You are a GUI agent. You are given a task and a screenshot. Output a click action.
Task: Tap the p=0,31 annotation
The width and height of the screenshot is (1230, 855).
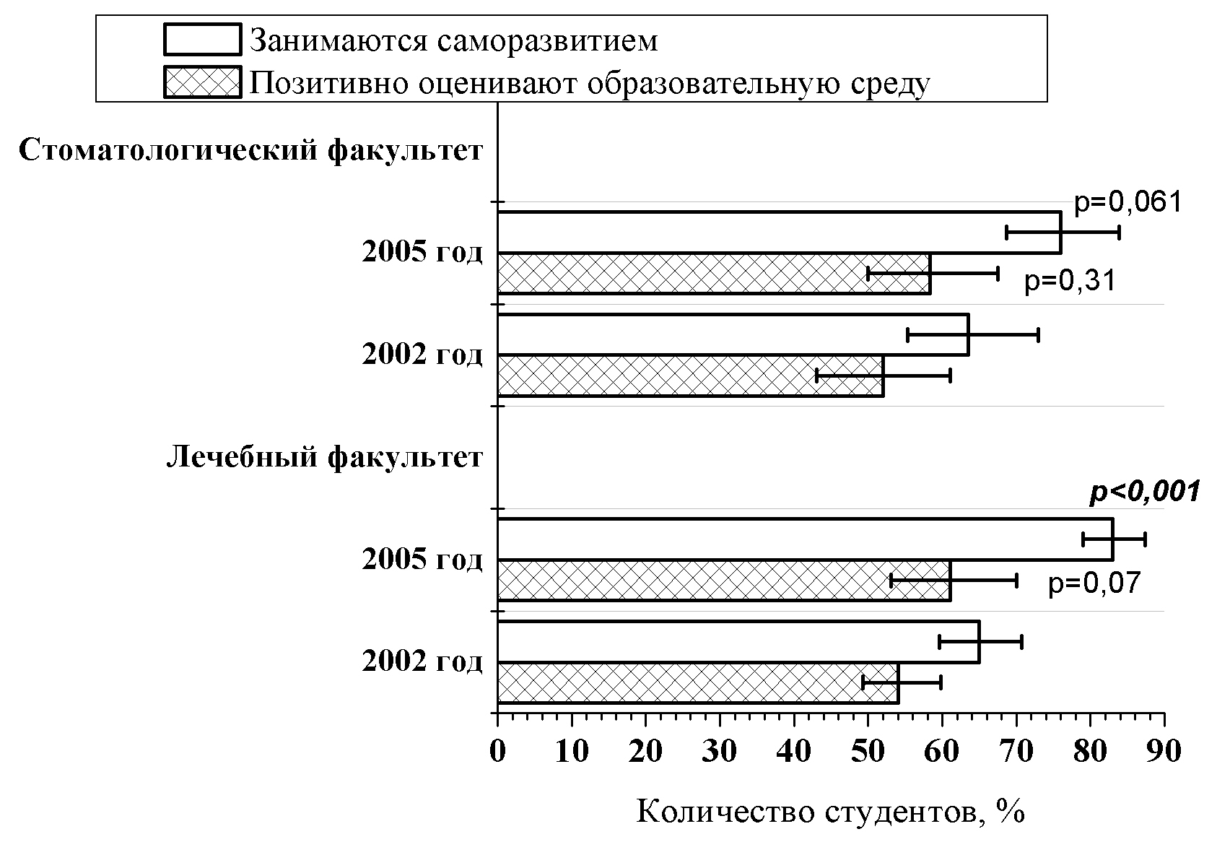(x=1070, y=280)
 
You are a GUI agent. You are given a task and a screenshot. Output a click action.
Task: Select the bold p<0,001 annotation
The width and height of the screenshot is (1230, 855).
(x=1143, y=492)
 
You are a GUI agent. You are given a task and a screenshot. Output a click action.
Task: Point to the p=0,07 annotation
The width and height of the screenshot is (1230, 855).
(x=1094, y=582)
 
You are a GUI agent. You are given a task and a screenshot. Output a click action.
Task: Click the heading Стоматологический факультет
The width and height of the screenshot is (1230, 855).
(x=250, y=151)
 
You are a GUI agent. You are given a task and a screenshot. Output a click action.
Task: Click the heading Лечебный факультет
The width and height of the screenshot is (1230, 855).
(x=325, y=457)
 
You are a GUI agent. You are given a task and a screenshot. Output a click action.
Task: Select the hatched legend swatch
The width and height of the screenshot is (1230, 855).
(x=203, y=82)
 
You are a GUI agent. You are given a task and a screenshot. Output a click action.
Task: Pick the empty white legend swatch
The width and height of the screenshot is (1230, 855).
(x=203, y=40)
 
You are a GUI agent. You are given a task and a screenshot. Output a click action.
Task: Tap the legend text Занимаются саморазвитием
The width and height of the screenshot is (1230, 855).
(x=453, y=40)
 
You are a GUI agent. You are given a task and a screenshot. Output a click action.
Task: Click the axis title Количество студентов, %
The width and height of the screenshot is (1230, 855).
(x=830, y=812)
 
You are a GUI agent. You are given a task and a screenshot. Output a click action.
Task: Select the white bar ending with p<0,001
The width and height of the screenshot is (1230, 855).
(x=805, y=539)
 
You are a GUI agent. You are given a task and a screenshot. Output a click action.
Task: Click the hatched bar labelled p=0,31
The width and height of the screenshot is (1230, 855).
(x=713, y=274)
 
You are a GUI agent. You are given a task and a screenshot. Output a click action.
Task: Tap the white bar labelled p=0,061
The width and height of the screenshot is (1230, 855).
(x=778, y=233)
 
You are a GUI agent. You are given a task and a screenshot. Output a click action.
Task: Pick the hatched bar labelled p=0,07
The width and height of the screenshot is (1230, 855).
(x=723, y=581)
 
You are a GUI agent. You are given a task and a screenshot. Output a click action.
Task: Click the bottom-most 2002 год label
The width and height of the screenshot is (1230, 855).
(x=422, y=661)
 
